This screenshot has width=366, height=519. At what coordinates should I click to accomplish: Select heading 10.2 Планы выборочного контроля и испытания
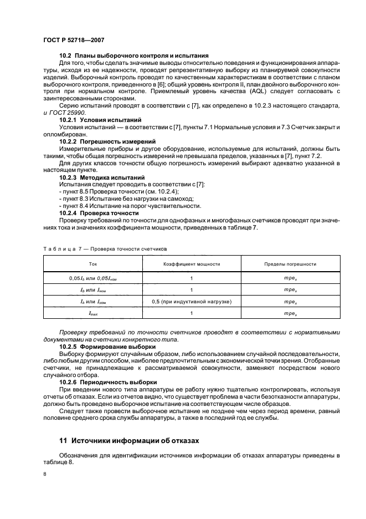pos(133,55)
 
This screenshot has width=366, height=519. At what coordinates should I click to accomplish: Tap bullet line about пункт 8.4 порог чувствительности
pos(129,205)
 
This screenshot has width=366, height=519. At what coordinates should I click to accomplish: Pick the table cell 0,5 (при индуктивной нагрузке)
pos(191,301)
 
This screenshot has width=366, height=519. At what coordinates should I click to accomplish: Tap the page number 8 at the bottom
pos(45,475)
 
